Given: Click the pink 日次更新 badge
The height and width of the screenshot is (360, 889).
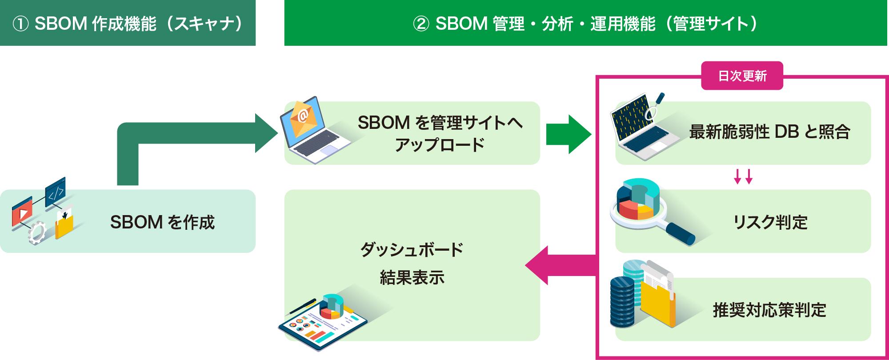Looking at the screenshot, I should coord(742,76).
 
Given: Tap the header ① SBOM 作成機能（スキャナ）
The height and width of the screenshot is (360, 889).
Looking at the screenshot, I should coord(128,23).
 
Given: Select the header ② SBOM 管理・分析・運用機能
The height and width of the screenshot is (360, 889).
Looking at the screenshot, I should coord(585,23).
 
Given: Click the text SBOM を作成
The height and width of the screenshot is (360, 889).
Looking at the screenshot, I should coord(162,222).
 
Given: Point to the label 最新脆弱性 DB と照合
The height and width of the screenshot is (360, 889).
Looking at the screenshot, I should coord(769,132).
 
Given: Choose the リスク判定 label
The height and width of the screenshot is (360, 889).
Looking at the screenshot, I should coord(770,222).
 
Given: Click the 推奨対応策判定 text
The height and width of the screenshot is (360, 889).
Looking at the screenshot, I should coord(769,310).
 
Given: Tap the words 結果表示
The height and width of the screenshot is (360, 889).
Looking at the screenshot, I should coord(412,278).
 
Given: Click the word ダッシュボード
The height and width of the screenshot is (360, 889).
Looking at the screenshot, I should coord(412,250).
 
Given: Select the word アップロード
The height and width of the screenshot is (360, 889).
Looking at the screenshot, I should coord(440,145).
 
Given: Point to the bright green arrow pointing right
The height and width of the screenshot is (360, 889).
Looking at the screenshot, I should coord(569,134).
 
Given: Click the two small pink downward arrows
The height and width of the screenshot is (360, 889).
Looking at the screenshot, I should coord(743,176).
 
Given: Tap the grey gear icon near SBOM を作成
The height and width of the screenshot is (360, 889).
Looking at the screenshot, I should coord(37,232).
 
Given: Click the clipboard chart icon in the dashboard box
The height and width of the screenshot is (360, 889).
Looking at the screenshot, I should coord(323,322).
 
